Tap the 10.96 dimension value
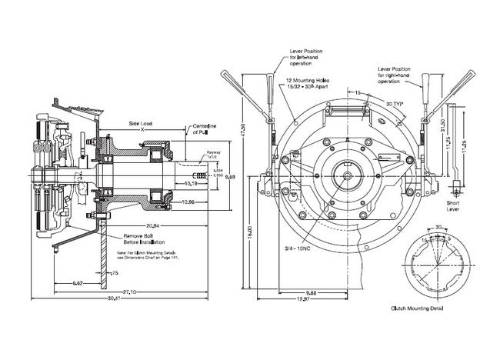(x=189, y=201)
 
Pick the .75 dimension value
(x=115, y=272)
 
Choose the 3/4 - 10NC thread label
(x=299, y=248)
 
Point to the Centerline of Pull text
(x=205, y=128)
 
